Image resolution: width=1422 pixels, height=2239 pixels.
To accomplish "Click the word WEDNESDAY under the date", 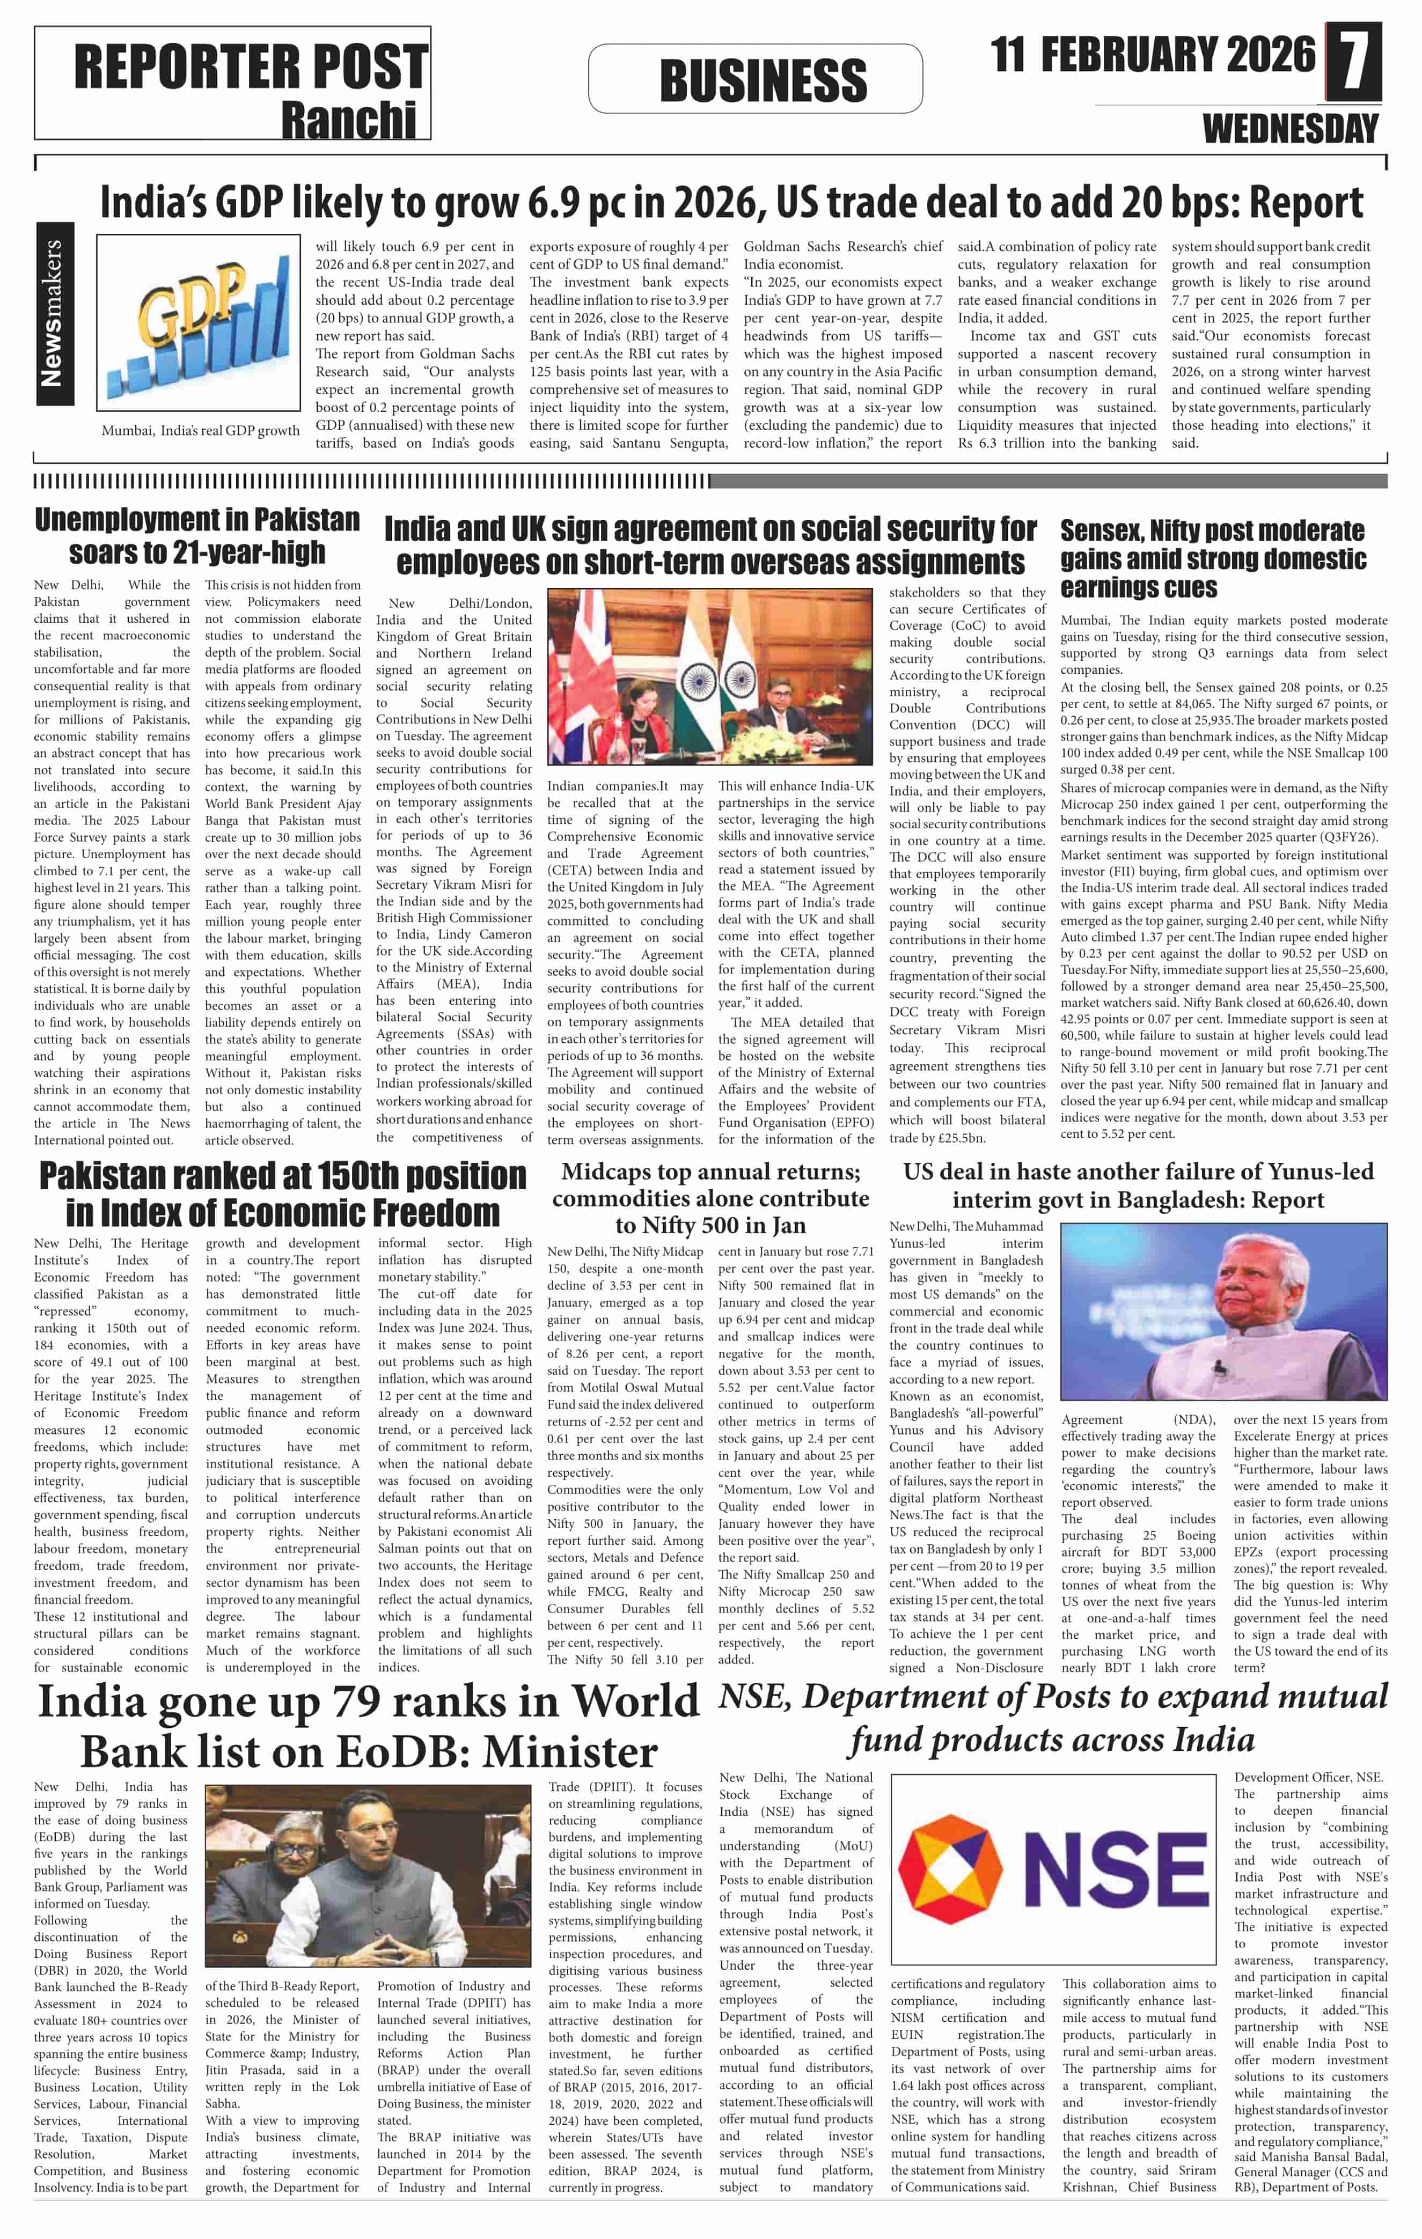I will click(1290, 128).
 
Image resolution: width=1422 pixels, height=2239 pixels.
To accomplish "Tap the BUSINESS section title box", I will click(763, 80).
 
